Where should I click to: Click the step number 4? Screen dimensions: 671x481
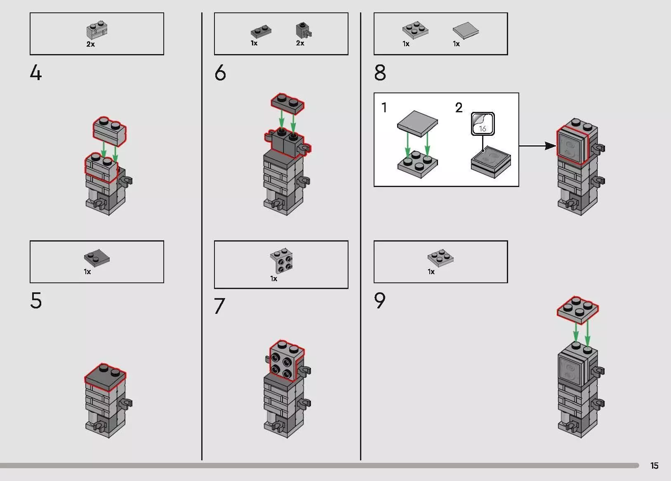pyautogui.click(x=35, y=73)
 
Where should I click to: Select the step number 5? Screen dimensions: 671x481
pyautogui.click(x=36, y=301)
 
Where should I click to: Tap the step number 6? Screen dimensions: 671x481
pyautogui.click(x=220, y=73)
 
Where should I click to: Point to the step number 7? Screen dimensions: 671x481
pyautogui.click(x=219, y=306)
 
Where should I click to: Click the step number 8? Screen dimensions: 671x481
pyautogui.click(x=380, y=73)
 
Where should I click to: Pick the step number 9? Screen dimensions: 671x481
pyautogui.click(x=379, y=301)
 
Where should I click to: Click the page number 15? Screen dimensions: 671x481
pyautogui.click(x=654, y=465)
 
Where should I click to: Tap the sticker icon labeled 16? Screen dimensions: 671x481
pyautogui.click(x=483, y=124)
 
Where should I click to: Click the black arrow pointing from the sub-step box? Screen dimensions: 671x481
pyautogui.click(x=538, y=146)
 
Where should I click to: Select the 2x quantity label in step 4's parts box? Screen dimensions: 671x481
pyautogui.click(x=90, y=44)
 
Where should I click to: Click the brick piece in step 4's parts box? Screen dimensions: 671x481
pyautogui.click(x=97, y=30)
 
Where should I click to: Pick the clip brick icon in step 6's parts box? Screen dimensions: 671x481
pyautogui.click(x=304, y=30)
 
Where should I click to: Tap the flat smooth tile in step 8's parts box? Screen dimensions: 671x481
pyautogui.click(x=466, y=31)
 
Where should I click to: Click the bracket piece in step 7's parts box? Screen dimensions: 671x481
pyautogui.click(x=282, y=261)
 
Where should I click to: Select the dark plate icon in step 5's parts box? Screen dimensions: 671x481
pyautogui.click(x=97, y=258)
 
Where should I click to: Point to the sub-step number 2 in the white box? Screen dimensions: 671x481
pyautogui.click(x=459, y=108)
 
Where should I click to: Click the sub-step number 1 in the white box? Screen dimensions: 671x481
pyautogui.click(x=384, y=108)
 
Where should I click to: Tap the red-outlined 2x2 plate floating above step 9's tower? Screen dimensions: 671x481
pyautogui.click(x=578, y=310)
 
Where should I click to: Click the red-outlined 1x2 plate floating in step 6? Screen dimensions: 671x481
pyautogui.click(x=287, y=104)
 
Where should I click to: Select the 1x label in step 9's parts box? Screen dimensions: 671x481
pyautogui.click(x=431, y=272)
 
